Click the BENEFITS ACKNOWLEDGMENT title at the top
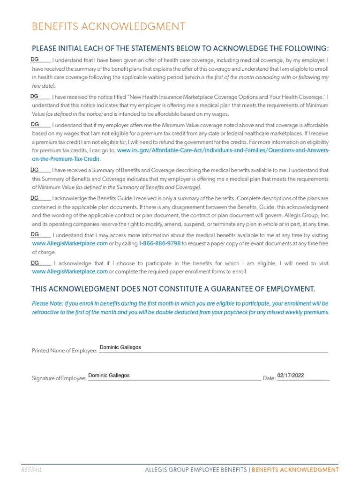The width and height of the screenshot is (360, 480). point(108,26)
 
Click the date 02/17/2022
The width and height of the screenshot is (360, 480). point(291,375)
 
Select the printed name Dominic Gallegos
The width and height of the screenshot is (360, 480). point(120,347)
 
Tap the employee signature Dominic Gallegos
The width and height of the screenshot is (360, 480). point(109,375)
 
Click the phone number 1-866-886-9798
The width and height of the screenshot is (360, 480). point(160,244)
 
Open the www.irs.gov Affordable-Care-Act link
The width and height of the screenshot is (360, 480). point(223,151)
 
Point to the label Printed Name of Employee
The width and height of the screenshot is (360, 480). point(64,351)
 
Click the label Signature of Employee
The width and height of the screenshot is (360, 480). point(59,378)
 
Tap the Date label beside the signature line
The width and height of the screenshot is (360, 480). point(269,378)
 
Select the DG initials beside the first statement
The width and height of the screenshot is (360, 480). point(34,60)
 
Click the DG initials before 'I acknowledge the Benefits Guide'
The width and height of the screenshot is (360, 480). point(34,198)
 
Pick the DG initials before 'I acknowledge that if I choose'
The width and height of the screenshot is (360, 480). point(34,262)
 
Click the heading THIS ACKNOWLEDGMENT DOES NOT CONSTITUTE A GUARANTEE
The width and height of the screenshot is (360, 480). point(173,288)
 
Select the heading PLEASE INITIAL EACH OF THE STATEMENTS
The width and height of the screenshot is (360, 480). point(180,48)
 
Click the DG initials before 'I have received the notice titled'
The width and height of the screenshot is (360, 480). point(34,96)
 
